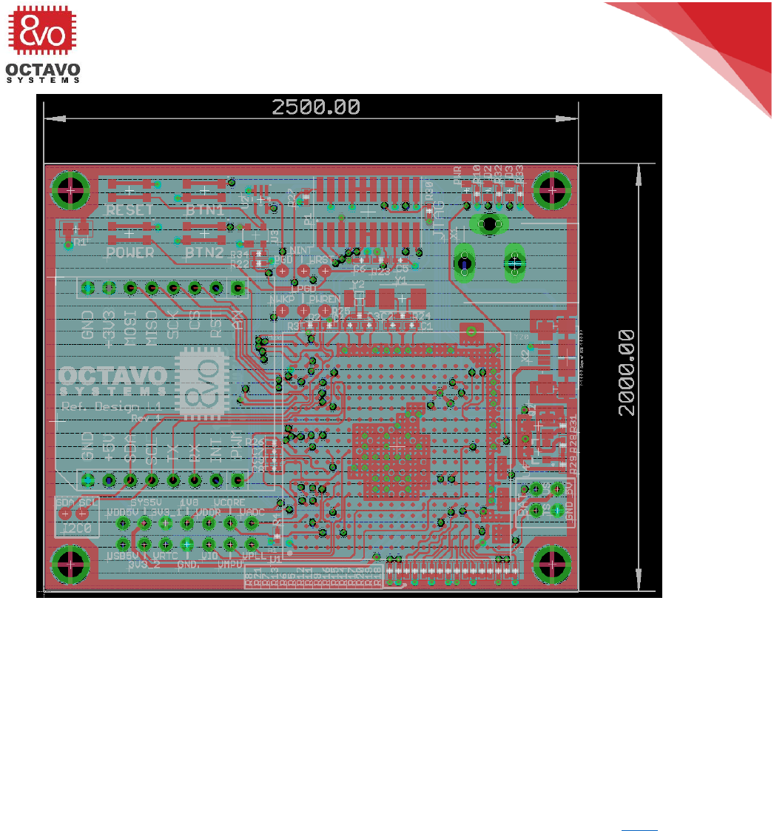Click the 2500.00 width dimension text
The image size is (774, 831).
pyautogui.click(x=316, y=107)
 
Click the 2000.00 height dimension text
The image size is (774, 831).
pyautogui.click(x=628, y=373)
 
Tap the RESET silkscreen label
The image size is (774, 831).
pyautogui.click(x=130, y=210)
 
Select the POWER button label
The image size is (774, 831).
pyautogui.click(x=130, y=252)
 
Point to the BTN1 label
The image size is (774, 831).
pyautogui.click(x=205, y=210)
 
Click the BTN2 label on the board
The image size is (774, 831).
pyautogui.click(x=205, y=252)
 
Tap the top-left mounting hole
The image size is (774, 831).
pyautogui.click(x=70, y=190)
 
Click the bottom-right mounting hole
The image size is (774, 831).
pyautogui.click(x=551, y=564)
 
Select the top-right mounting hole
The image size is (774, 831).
pyautogui.click(x=551, y=190)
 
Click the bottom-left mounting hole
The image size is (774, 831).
pyautogui.click(x=70, y=564)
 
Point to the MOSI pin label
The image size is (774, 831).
pyautogui.click(x=130, y=326)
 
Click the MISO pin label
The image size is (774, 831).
pyautogui.click(x=152, y=326)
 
